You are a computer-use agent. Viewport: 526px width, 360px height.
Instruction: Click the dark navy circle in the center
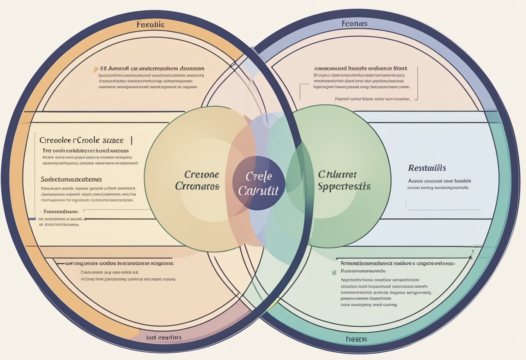258,183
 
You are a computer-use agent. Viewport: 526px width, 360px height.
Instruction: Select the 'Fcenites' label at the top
354,23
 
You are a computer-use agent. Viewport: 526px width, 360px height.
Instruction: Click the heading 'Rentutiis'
427,167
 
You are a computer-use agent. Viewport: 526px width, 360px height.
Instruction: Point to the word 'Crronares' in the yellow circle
197,186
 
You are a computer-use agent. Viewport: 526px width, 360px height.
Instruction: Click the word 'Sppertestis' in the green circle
344,186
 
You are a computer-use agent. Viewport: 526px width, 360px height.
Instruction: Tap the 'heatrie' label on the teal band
356,339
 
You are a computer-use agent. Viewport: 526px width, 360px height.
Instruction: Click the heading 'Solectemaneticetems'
71,179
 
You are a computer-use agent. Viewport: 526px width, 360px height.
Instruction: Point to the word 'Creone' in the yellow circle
202,175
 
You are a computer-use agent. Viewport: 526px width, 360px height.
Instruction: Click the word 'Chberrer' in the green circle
337,174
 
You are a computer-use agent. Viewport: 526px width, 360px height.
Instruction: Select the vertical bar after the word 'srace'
131,140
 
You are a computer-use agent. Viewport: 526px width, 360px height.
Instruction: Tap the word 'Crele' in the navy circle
258,177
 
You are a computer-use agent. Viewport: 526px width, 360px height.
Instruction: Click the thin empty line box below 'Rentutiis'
443,204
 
